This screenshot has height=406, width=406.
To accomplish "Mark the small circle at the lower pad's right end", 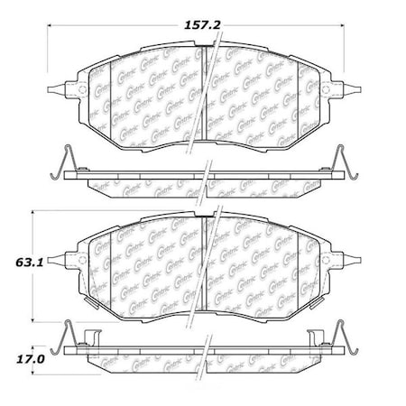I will (x=322, y=262).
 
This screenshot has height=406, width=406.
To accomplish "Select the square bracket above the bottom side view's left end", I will (x=88, y=339).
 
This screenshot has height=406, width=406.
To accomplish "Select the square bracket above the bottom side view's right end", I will (x=318, y=339).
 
